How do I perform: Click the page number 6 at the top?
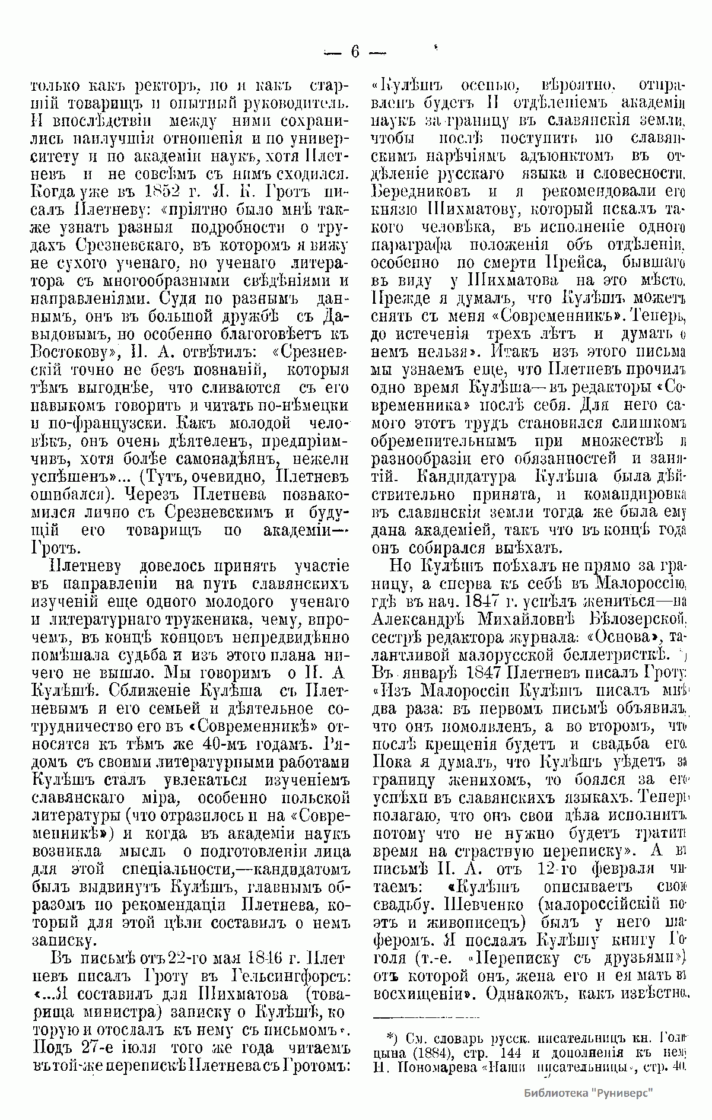(355, 52)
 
